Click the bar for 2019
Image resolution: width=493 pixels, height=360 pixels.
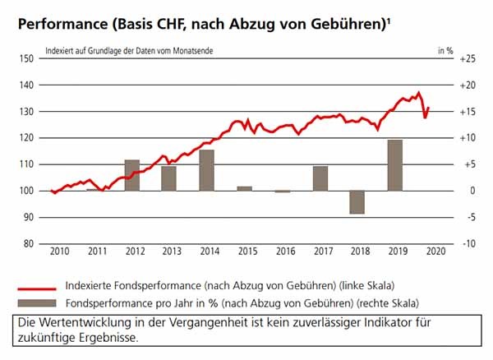click(394, 165)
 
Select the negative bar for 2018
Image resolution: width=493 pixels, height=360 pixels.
click(357, 202)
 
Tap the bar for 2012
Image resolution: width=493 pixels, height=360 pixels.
click(131, 175)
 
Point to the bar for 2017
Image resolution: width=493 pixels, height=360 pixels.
click(320, 178)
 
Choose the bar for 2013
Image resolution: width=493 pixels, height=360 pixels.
click(168, 178)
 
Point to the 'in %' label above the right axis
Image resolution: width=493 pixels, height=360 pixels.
click(445, 49)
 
